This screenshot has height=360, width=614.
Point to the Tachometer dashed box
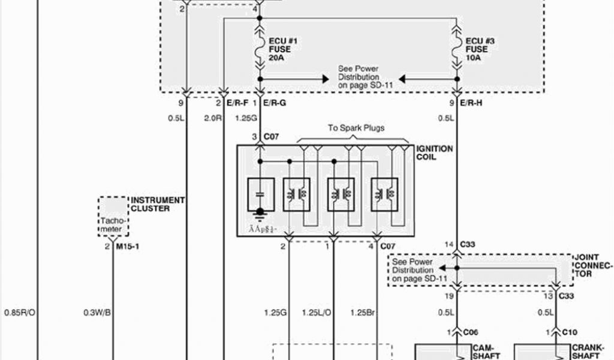tap(112, 216)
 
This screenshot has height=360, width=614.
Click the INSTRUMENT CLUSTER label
tap(158, 204)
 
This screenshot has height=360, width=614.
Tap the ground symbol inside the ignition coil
tap(260, 214)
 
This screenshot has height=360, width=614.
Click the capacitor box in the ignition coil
tap(260, 194)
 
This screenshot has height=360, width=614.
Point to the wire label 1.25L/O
tap(316, 311)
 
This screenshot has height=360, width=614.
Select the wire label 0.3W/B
tap(96, 311)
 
